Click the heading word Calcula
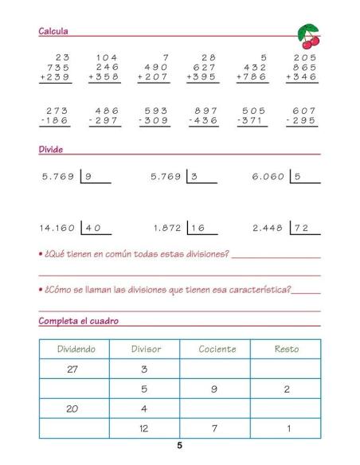53,31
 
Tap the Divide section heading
51,149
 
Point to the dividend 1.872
167,227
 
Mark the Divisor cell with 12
145,428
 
